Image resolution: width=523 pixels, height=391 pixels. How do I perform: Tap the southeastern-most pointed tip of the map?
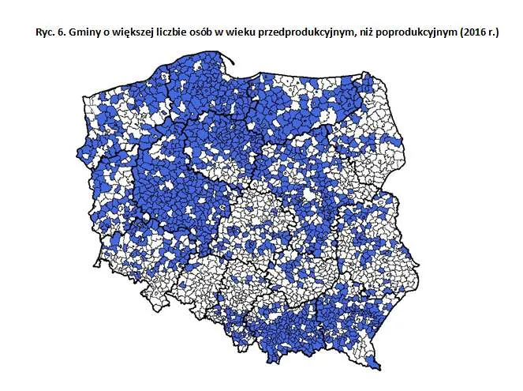click(x=378, y=367)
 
